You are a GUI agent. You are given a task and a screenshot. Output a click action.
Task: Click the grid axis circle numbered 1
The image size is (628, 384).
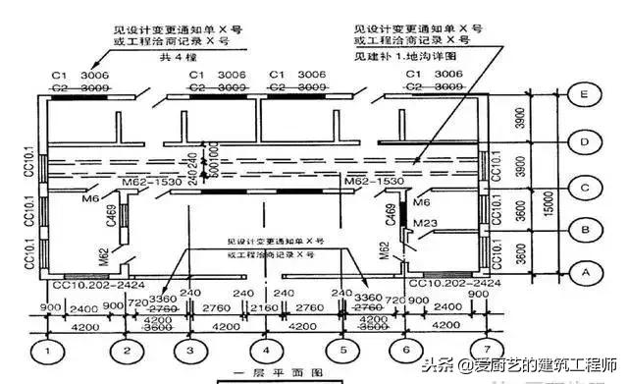45,350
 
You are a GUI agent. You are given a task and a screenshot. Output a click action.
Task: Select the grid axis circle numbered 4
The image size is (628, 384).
265,350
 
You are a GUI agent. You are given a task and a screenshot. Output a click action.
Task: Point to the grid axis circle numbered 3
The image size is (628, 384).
189,350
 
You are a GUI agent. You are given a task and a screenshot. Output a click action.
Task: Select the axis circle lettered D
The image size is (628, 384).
586,143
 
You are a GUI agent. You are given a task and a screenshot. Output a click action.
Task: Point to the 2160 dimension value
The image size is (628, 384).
265,308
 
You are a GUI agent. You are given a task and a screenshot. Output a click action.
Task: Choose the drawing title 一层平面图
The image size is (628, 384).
265,373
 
